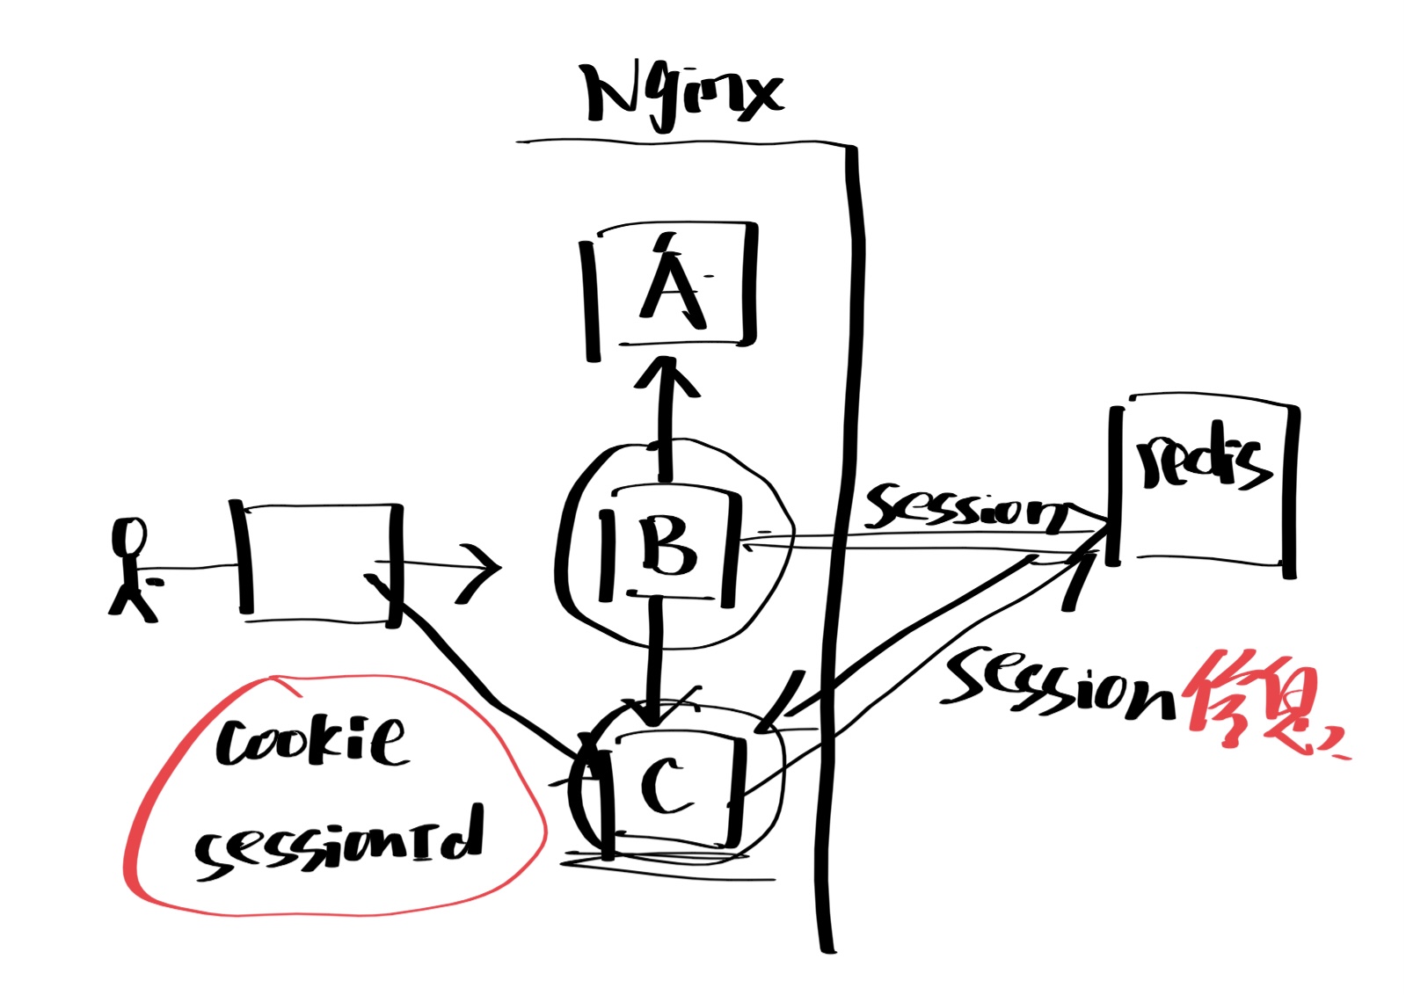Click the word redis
coord(1203,461)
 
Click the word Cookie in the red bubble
coord(311,743)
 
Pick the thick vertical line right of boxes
coord(840,545)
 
